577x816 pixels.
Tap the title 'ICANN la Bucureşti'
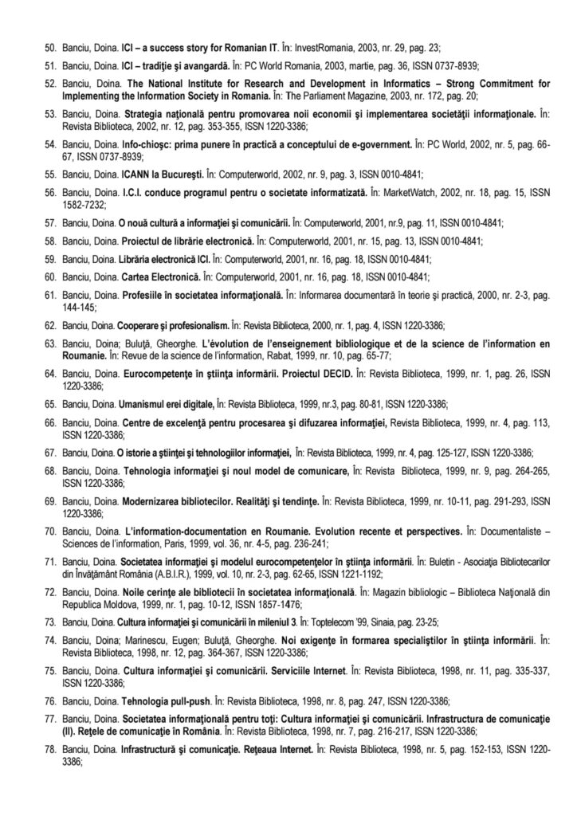point(159,172)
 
